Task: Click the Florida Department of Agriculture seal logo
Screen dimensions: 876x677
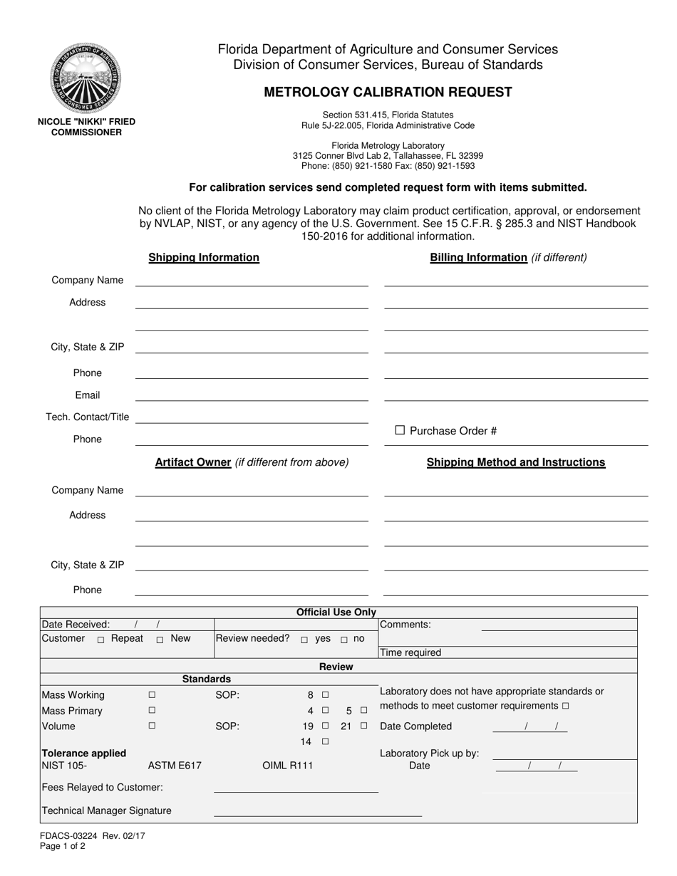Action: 86,78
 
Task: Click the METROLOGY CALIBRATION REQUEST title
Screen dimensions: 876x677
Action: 388,92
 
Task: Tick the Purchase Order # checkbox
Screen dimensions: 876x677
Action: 400,430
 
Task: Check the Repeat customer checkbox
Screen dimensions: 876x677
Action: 101,640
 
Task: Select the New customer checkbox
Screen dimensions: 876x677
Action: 160,640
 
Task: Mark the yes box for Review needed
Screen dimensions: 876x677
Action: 304,640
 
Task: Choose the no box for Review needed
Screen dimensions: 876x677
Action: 344,640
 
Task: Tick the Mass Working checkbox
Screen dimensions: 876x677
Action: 152,694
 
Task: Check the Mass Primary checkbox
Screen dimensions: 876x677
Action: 152,710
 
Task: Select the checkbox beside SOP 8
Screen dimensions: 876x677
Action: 325,694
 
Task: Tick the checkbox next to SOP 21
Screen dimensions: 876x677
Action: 363,726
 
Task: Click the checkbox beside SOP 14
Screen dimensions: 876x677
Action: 325,741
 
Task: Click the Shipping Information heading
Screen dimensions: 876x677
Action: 204,258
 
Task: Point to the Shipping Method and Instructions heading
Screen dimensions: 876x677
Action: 516,462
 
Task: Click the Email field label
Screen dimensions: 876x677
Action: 88,395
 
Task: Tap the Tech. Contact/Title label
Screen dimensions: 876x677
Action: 88,417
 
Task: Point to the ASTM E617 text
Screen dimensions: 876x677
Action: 175,766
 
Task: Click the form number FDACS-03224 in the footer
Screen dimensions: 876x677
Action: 68,837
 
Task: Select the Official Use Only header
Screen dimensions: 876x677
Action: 336,612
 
